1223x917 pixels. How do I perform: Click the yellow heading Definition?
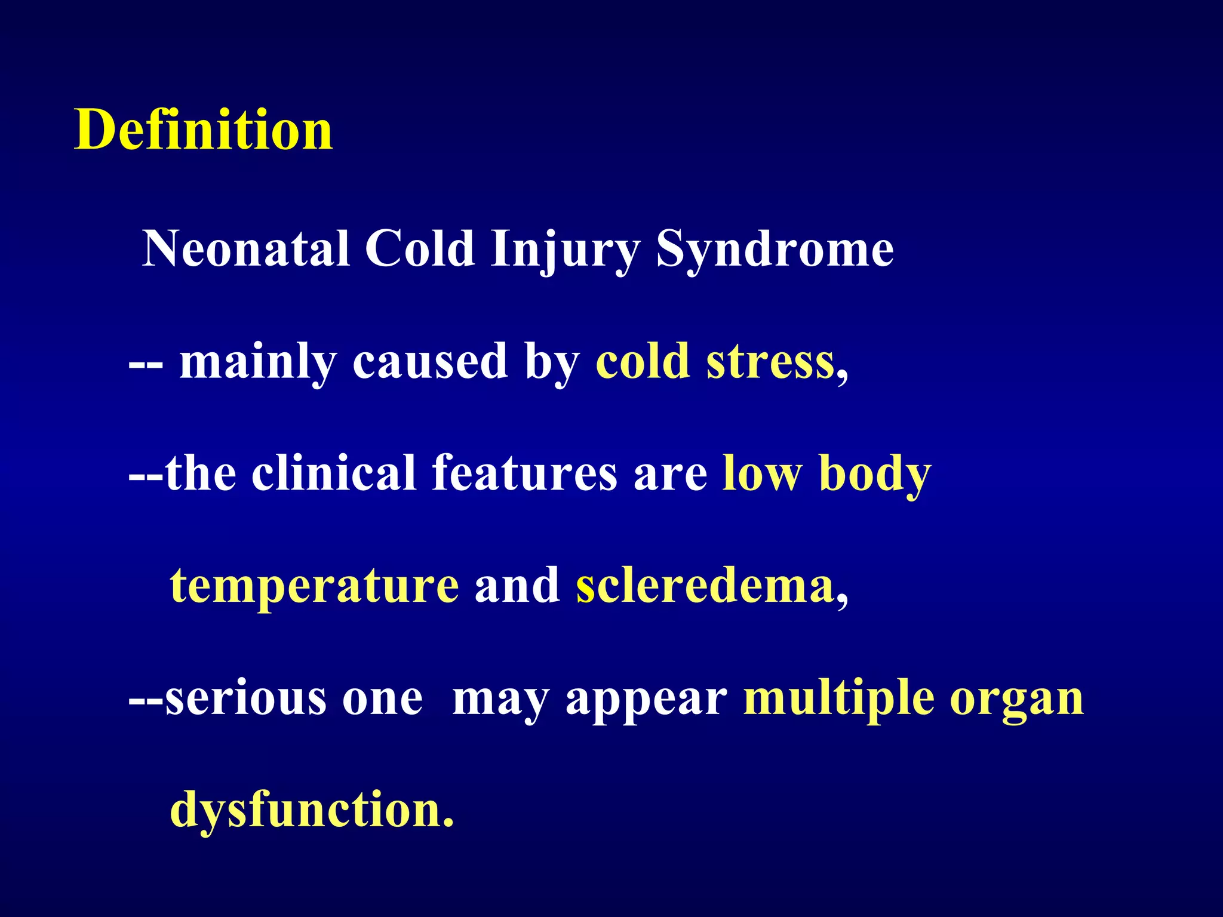[204, 130]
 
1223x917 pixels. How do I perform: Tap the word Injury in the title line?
[565, 250]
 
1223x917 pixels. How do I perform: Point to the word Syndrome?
[775, 250]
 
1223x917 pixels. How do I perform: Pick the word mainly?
[258, 362]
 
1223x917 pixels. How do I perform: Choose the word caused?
[430, 362]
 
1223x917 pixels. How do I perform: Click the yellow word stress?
[770, 362]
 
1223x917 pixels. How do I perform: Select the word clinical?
[334, 473]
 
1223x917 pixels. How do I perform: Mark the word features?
[525, 473]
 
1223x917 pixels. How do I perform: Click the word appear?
[646, 698]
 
